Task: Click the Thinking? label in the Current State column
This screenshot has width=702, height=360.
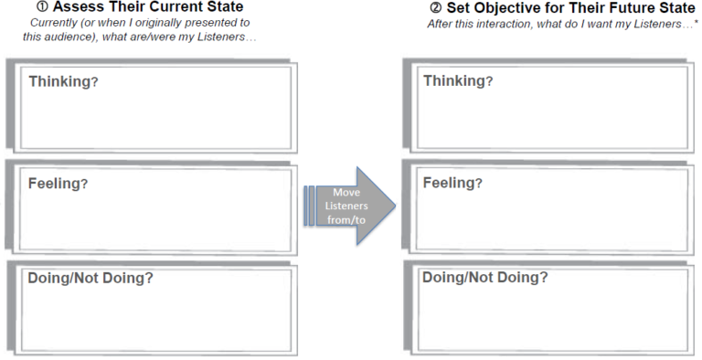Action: (63, 81)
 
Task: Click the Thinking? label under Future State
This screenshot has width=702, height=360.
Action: (458, 81)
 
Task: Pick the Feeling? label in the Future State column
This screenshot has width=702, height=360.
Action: (452, 183)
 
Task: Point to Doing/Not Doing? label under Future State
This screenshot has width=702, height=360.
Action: (485, 278)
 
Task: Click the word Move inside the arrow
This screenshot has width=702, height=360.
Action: (346, 193)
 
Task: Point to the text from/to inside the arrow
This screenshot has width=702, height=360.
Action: (346, 221)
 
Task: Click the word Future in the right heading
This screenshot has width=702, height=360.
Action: (629, 7)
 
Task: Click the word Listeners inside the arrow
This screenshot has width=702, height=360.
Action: (346, 206)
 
